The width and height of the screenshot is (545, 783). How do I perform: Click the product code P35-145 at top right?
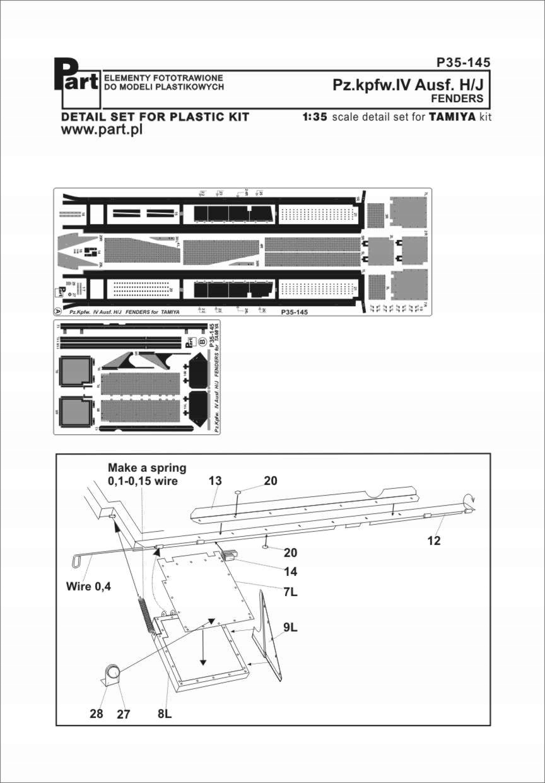pyautogui.click(x=463, y=63)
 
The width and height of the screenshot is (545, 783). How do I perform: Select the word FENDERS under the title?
pyautogui.click(x=457, y=99)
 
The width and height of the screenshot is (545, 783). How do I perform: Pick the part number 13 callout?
pyautogui.click(x=215, y=481)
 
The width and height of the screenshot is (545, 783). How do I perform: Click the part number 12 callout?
pyautogui.click(x=433, y=541)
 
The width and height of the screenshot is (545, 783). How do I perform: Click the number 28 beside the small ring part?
pyautogui.click(x=96, y=714)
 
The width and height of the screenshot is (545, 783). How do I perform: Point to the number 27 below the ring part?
pyautogui.click(x=123, y=714)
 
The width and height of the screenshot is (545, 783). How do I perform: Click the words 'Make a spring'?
pyautogui.click(x=147, y=468)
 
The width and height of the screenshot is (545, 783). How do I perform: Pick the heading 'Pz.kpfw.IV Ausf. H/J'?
pyautogui.click(x=408, y=85)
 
